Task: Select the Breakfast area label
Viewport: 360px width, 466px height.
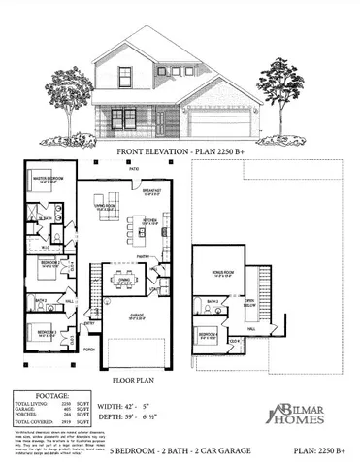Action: [x=152, y=191]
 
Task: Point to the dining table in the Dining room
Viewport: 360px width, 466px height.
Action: [x=123, y=282]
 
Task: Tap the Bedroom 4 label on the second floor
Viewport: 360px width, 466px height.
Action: [x=210, y=335]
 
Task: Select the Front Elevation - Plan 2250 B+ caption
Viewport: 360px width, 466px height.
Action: [x=180, y=152]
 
